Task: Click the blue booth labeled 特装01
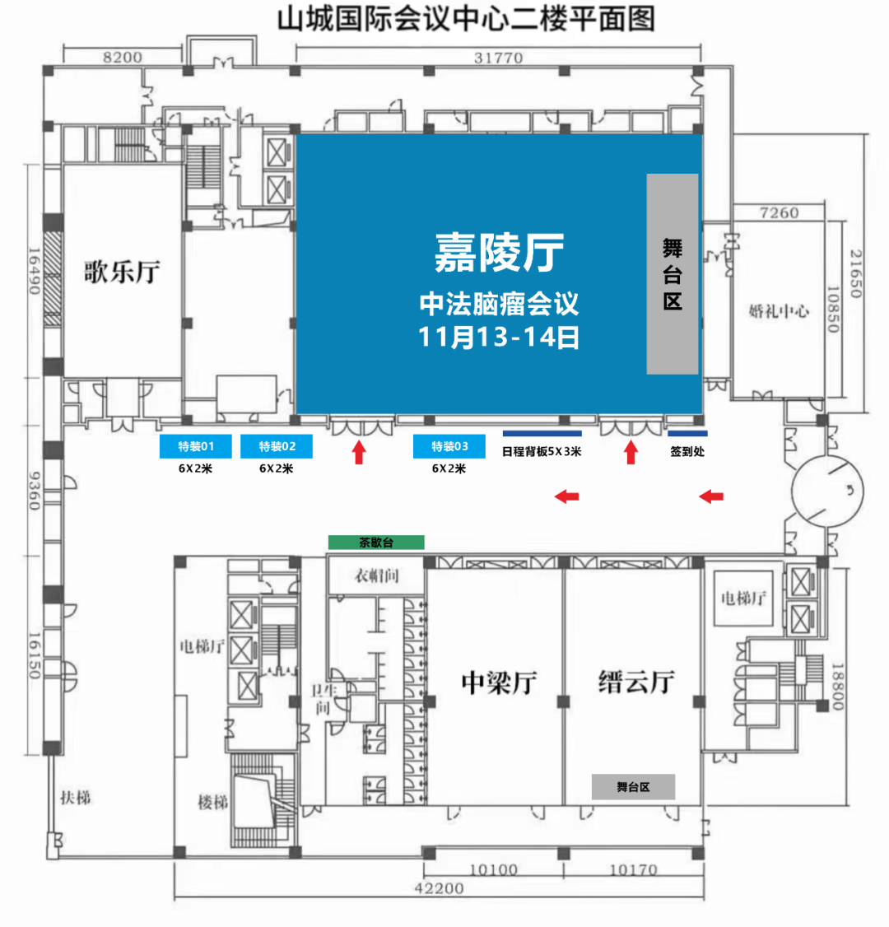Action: pos(195,446)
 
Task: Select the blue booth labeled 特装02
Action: pos(277,446)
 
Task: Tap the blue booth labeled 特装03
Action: pos(449,446)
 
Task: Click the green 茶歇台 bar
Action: pos(376,543)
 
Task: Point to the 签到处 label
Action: pos(687,452)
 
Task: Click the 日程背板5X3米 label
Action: pos(542,452)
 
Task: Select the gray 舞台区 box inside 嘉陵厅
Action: pos(672,273)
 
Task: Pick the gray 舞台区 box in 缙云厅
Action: pos(633,787)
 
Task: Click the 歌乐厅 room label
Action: pos(122,272)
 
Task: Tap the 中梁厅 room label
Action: pos(499,682)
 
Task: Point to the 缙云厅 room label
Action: pos(636,682)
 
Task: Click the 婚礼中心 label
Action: pos(779,311)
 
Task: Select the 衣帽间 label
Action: pos(376,575)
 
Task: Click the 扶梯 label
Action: pos(76,798)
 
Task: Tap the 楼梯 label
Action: pos(213,802)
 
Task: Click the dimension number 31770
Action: pos(498,58)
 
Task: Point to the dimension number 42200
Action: pos(440,888)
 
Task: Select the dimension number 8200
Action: pos(123,58)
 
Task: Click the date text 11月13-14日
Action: pos(499,337)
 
